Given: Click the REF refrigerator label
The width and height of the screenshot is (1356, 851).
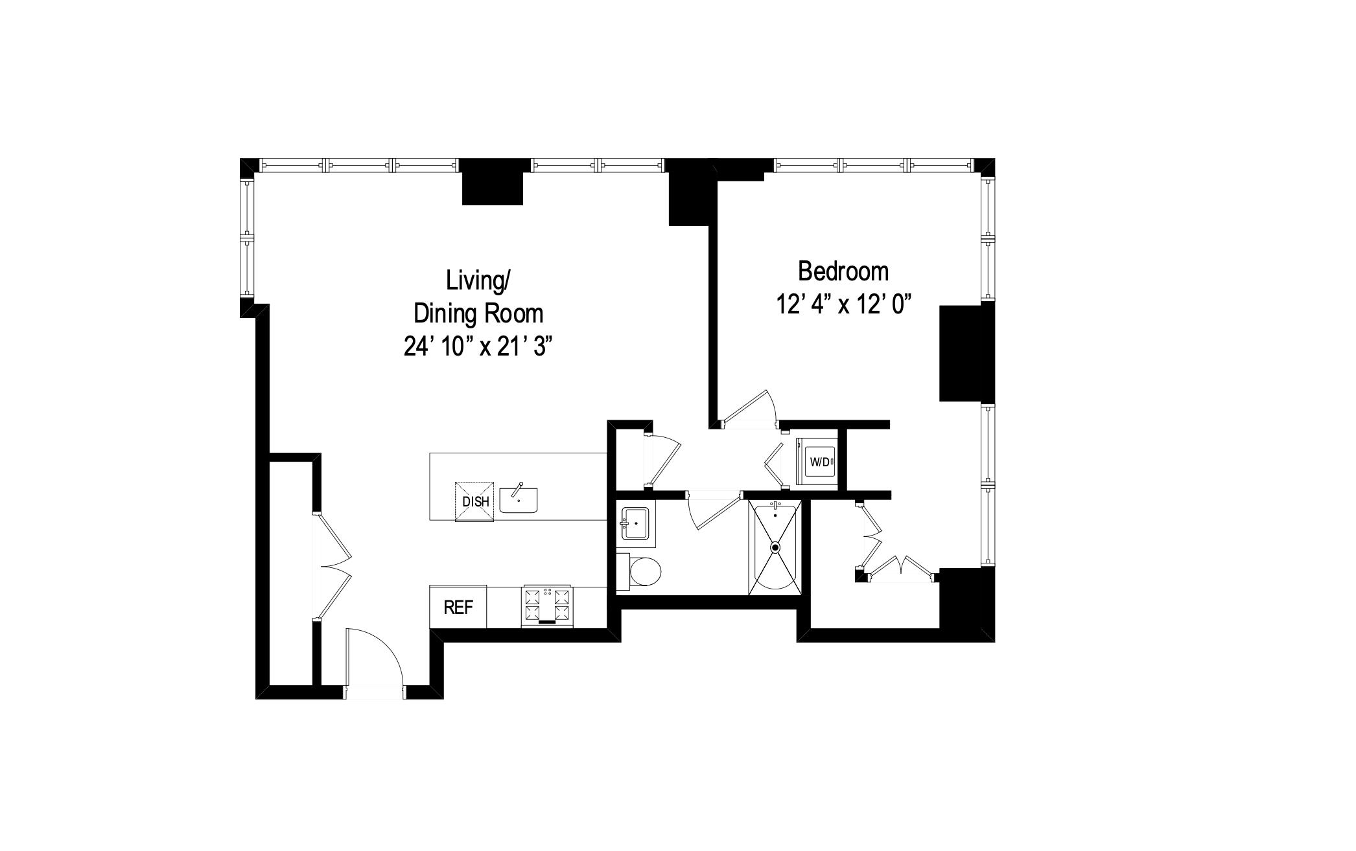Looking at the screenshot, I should [458, 607].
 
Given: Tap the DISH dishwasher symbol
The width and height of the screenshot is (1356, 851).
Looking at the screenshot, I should [475, 501].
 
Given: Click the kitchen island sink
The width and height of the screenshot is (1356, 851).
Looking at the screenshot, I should [519, 501].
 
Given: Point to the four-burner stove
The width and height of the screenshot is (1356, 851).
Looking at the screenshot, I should [547, 606].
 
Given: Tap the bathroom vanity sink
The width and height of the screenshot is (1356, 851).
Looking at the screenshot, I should [635, 523].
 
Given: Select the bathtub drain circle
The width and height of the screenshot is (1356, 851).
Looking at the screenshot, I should [775, 547].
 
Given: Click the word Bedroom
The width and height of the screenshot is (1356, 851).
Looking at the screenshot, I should [843, 271].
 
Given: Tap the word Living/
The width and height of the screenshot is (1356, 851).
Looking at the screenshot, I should [478, 280].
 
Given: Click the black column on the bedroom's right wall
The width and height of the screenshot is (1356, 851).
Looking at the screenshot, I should [966, 353].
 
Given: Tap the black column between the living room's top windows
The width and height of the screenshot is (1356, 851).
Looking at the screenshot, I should [493, 182].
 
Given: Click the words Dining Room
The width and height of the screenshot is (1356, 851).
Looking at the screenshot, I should [478, 313].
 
